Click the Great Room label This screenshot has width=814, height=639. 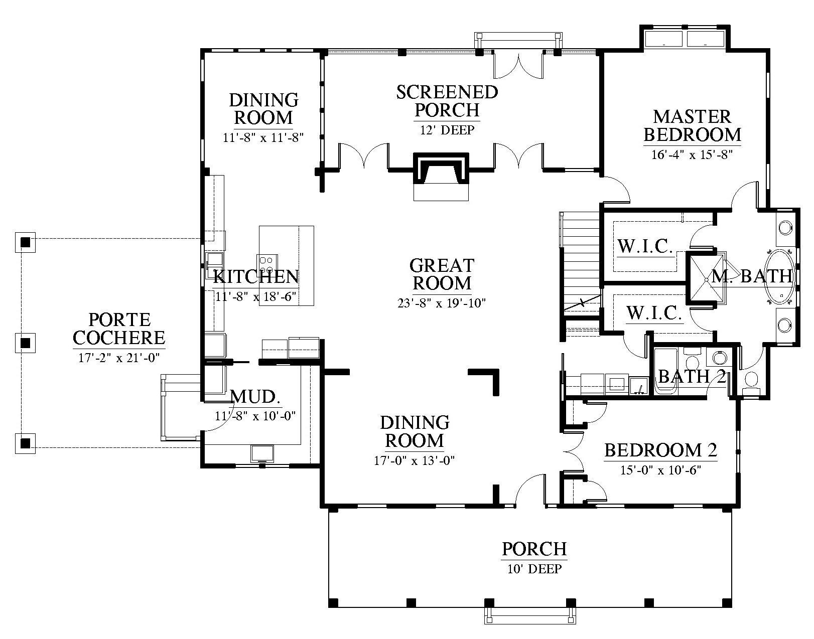442,274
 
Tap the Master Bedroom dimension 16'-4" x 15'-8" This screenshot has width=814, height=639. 692,154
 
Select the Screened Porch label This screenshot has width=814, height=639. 447,101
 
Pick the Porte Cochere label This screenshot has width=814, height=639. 119,329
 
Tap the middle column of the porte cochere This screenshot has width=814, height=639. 25,343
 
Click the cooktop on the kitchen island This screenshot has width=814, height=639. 266,264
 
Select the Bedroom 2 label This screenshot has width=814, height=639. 661,450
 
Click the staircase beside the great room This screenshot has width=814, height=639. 581,266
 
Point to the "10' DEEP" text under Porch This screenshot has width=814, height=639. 534,569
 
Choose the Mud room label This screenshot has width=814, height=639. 255,397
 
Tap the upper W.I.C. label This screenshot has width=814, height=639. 645,246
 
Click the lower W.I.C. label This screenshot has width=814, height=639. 654,312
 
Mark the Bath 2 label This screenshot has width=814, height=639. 692,377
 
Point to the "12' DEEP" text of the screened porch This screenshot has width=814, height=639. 447,130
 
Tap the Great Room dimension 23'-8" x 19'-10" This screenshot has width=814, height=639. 442,303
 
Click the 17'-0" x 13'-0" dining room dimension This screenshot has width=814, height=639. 415,460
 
